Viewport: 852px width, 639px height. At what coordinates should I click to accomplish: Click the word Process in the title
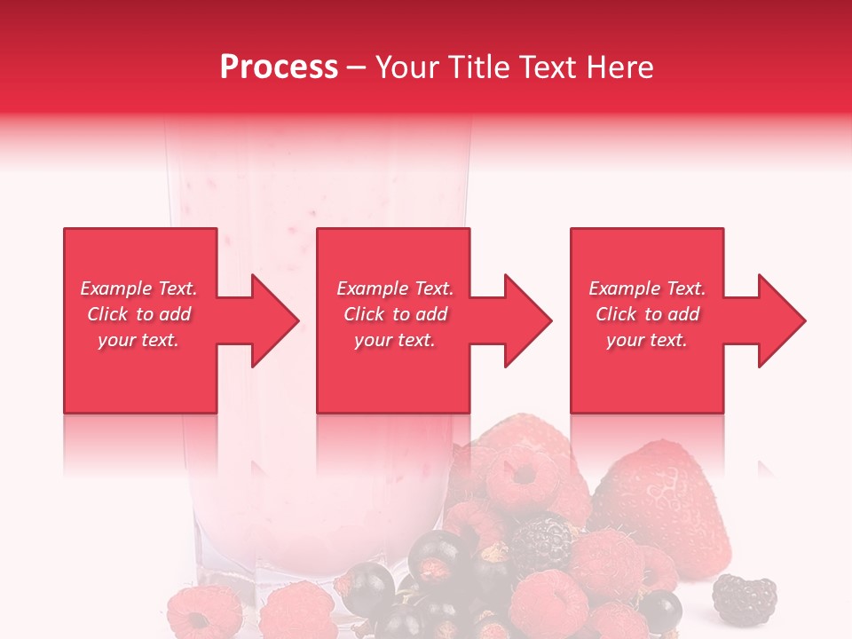pos(279,67)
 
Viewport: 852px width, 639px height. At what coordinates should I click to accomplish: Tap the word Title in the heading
pos(478,67)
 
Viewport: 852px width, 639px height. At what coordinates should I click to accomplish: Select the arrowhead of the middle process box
pos(526,320)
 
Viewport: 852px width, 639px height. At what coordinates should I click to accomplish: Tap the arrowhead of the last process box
pos(779,320)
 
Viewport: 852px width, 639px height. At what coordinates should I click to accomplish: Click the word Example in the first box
pos(116,288)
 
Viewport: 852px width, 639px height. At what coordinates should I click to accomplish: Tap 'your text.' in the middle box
pos(394,340)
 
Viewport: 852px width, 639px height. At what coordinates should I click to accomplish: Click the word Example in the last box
pos(625,288)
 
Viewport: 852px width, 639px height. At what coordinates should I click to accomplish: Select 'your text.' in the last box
pos(646,340)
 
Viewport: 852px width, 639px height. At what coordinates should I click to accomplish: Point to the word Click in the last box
pos(617,314)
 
